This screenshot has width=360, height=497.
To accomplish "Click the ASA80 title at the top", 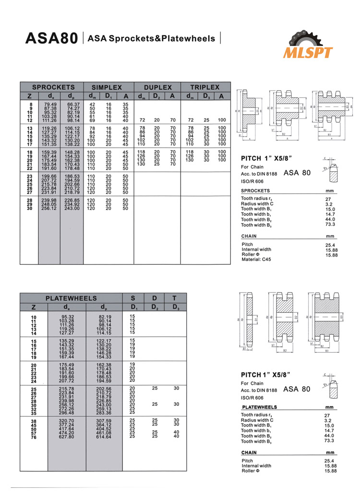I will click(x=51, y=38).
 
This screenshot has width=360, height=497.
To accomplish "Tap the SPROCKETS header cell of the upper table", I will click(x=53, y=87).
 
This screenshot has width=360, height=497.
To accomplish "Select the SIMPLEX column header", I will click(x=107, y=87).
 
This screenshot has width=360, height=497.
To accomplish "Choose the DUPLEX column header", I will click(x=157, y=87).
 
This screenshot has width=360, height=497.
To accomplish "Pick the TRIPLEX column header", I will click(x=204, y=87).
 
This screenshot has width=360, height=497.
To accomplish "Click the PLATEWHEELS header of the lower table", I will click(x=71, y=298).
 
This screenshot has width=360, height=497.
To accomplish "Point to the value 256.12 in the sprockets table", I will click(x=49, y=209).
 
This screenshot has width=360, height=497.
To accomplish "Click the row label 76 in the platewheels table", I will click(x=34, y=437).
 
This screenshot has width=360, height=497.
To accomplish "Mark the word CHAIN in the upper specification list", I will click(x=249, y=236).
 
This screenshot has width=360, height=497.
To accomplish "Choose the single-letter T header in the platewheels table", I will click(x=176, y=298).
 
